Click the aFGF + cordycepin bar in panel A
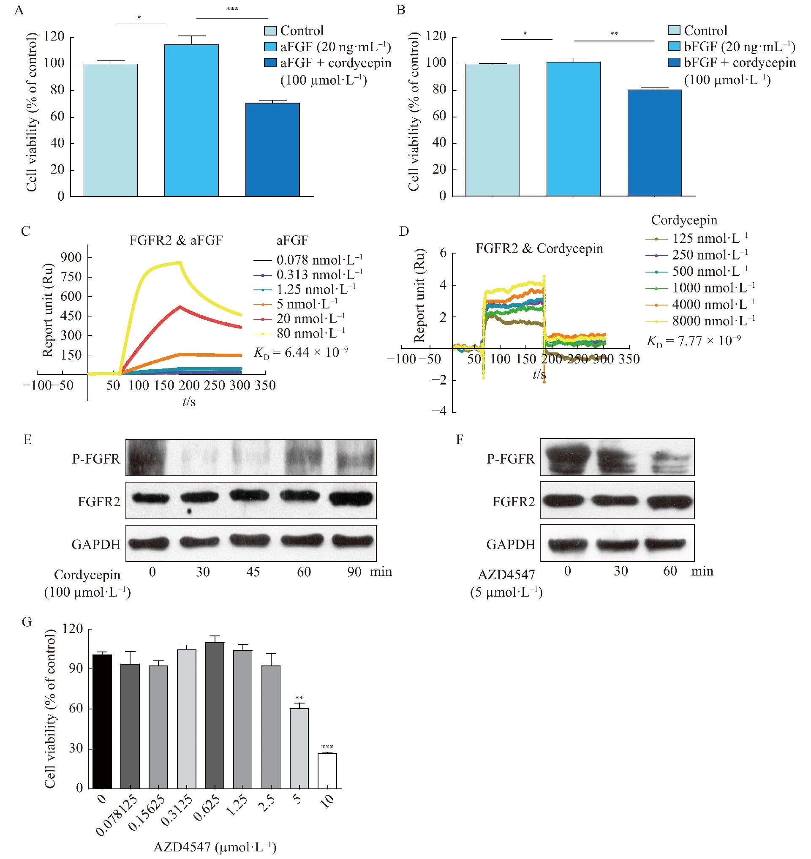(272, 149)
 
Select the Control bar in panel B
(493, 130)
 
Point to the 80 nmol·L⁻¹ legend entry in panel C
(310, 333)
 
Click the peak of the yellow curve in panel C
(179, 262)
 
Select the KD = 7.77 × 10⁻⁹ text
(694, 341)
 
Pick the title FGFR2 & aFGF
(176, 240)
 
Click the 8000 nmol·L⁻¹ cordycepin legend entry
(713, 321)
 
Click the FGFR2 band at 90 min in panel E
(351, 499)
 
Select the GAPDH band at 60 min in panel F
(665, 544)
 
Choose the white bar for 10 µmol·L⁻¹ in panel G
(327, 771)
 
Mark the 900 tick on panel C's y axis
(72, 258)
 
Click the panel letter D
(404, 232)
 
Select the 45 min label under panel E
(253, 572)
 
